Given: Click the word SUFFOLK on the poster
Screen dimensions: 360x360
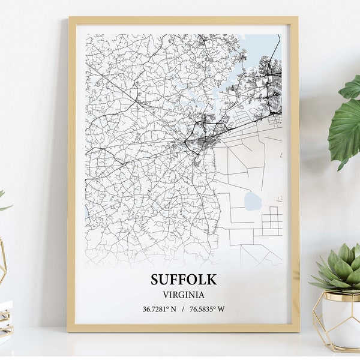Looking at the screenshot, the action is [184, 280].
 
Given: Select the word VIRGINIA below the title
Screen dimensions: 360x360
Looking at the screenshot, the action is [184, 295].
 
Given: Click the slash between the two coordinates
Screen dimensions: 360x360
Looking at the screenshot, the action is [184, 309].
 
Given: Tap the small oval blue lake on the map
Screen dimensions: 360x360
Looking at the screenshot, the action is [253, 202].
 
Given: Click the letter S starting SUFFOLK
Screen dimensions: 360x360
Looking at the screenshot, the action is [155, 280].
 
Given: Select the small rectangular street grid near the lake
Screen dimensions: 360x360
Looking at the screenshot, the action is [272, 221].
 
